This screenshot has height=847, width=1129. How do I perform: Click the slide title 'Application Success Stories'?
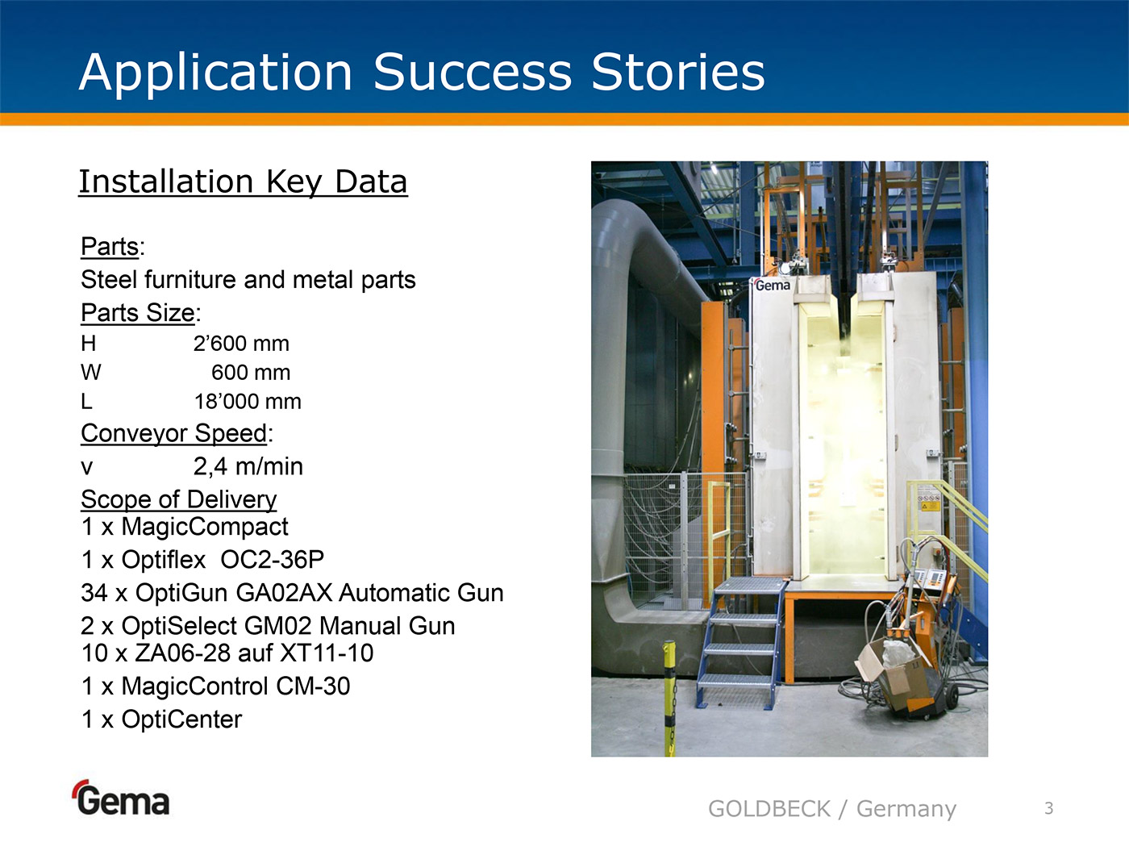(x=422, y=73)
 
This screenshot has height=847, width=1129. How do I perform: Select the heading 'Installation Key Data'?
(x=243, y=182)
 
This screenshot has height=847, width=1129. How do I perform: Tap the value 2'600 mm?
(x=241, y=344)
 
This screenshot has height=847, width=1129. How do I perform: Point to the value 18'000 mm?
(x=248, y=402)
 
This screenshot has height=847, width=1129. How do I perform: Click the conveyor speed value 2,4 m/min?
(x=248, y=466)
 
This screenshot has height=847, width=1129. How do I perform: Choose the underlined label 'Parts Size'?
(x=138, y=313)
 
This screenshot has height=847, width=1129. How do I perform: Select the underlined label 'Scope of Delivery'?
(x=178, y=499)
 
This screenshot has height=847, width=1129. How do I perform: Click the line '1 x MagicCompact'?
(x=185, y=527)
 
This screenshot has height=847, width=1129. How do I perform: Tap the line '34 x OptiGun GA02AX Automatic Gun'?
(x=292, y=592)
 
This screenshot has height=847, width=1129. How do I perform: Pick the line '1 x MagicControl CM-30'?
(x=215, y=686)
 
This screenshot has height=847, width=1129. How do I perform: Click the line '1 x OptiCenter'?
(x=161, y=720)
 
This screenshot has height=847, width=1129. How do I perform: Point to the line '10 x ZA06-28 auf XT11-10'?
(x=227, y=653)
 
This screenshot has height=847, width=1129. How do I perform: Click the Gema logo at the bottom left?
(x=121, y=798)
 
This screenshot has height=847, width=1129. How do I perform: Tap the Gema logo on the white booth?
(x=772, y=285)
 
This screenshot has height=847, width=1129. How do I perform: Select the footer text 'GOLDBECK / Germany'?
(x=832, y=809)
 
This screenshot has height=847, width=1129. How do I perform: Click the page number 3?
(x=1049, y=808)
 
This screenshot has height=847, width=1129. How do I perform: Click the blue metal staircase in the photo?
(x=740, y=642)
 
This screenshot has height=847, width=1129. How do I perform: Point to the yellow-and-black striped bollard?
(x=669, y=698)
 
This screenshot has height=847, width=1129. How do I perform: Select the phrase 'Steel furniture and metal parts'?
(x=248, y=280)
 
